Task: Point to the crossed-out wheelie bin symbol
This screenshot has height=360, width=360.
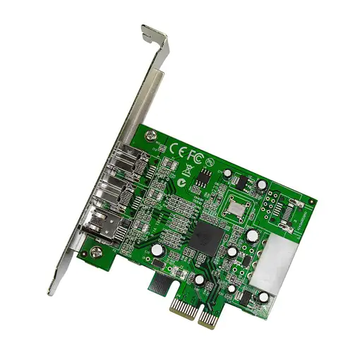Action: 188,170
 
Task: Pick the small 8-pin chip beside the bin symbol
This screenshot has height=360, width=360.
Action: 205,176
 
